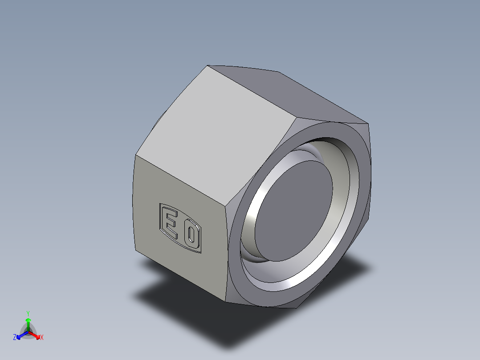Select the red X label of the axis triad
pos(42,338)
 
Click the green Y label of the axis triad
pos(28,313)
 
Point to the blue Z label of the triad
pos(15,338)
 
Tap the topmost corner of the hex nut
pos(207,66)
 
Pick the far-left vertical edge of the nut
pos(135,200)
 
